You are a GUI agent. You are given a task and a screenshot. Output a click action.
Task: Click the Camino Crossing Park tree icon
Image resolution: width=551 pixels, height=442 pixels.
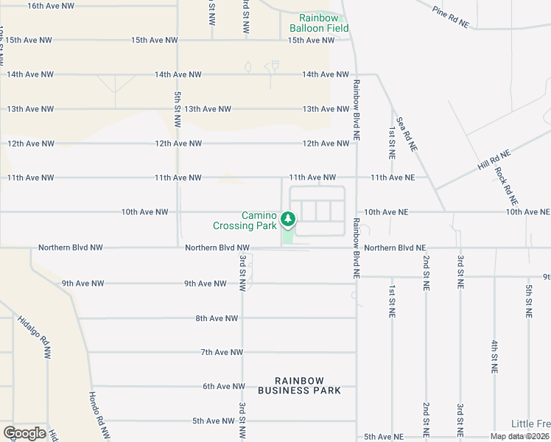289,220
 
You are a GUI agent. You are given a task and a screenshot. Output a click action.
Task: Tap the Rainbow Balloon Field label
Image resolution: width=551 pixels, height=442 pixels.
319,23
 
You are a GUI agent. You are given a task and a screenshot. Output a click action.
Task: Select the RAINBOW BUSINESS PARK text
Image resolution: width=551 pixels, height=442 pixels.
300,385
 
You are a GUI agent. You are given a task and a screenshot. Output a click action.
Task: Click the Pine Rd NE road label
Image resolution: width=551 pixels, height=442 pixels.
451,17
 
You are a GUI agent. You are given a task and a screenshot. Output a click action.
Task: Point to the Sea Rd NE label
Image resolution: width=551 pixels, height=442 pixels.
407,133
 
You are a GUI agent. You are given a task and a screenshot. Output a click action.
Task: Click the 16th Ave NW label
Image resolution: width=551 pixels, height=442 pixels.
51,6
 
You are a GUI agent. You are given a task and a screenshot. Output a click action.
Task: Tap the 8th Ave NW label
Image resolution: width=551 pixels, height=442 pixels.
217,318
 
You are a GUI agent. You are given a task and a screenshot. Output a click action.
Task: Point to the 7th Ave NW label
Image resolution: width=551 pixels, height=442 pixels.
222,352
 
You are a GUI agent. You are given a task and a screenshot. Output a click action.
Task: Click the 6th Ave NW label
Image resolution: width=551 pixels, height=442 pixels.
223,386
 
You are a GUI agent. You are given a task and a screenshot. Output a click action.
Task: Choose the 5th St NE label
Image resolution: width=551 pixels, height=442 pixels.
529,301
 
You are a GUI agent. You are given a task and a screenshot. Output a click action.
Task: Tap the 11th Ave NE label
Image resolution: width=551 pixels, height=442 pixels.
393,178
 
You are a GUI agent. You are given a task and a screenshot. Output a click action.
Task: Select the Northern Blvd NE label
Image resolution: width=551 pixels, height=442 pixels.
395,248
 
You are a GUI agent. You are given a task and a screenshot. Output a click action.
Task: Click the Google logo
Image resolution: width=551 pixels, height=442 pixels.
24,433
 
